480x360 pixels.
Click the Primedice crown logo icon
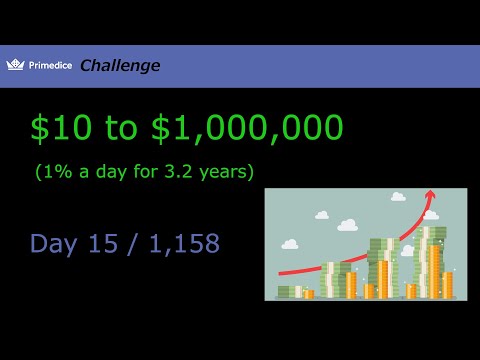(x=15, y=65)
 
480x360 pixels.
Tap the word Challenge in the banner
(x=119, y=66)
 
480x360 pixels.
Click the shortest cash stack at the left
(x=287, y=291)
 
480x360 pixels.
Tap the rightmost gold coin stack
(x=447, y=285)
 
